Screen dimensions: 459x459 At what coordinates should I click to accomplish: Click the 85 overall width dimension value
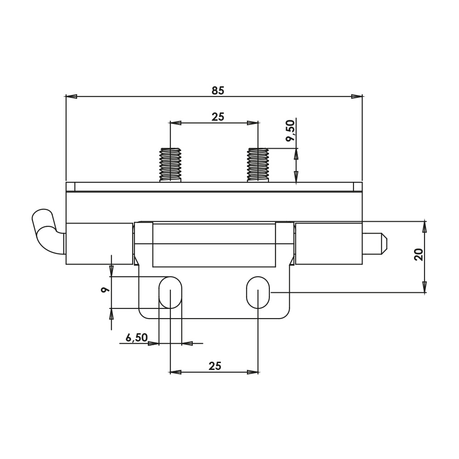[x=218, y=91]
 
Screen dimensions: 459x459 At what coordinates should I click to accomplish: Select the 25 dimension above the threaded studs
[x=218, y=117]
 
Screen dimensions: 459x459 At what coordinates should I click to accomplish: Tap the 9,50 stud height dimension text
[x=291, y=130]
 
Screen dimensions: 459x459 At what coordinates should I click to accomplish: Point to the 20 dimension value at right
[x=419, y=254]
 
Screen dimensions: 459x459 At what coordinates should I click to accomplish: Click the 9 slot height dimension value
[x=105, y=290]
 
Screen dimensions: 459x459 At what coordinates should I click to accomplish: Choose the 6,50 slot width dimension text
[x=137, y=337]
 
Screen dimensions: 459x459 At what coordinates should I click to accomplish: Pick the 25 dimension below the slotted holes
[x=215, y=366]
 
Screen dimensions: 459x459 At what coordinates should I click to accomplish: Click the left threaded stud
[x=170, y=165]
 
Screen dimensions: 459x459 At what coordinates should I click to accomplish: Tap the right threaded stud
[x=258, y=165]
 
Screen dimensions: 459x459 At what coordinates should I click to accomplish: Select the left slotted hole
[x=170, y=292]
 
